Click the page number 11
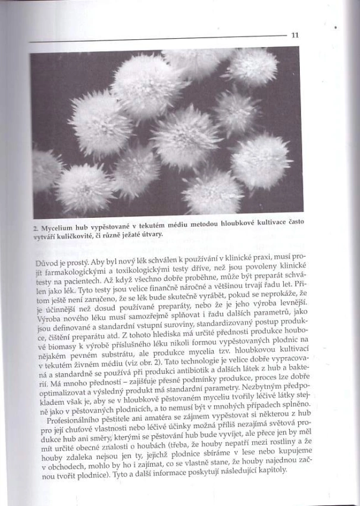[295, 35]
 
